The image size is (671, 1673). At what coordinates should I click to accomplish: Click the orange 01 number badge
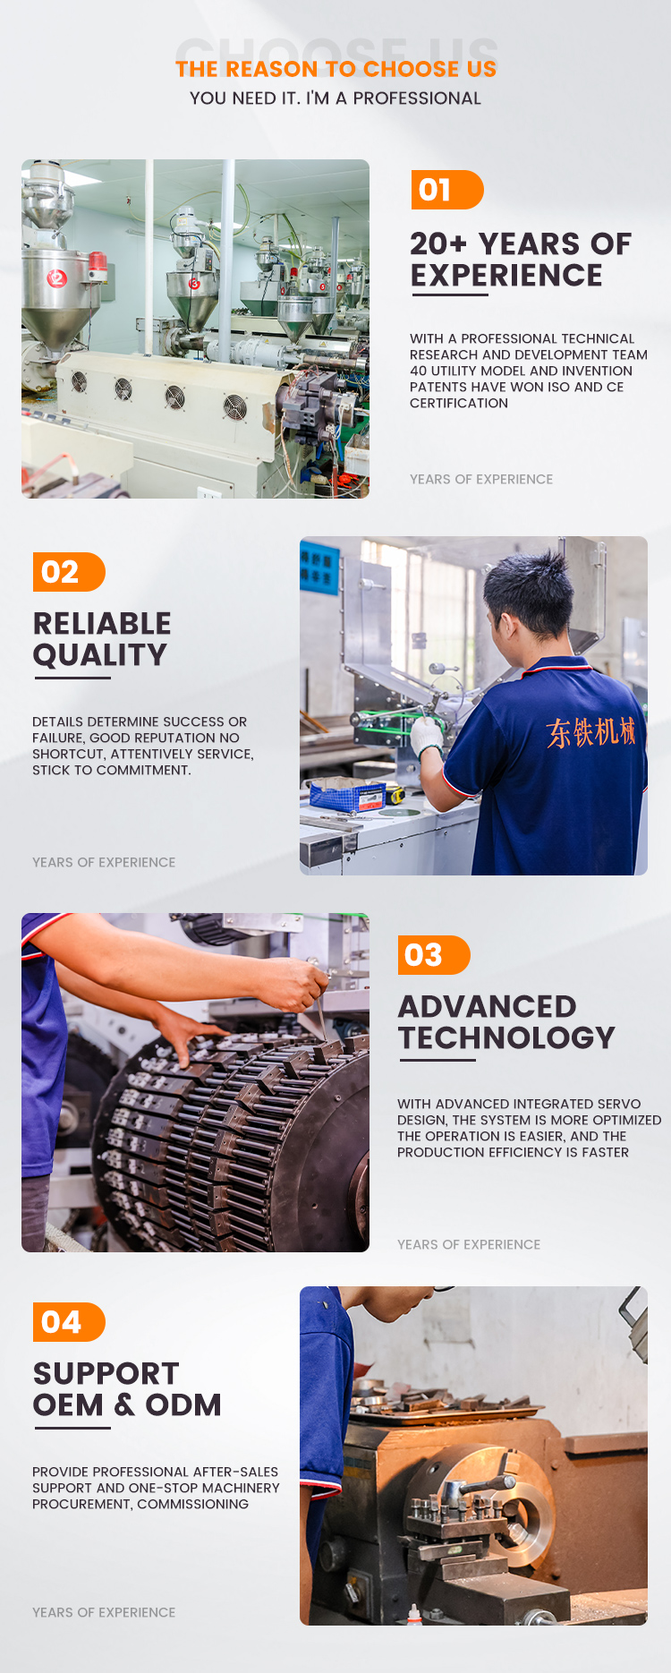point(447,190)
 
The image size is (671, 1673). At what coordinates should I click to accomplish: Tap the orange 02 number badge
point(69,572)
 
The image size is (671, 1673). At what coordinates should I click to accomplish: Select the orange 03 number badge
point(434,955)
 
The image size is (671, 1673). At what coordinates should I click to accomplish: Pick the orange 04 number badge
point(69,1322)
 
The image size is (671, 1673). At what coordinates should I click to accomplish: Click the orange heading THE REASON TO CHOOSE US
point(335,69)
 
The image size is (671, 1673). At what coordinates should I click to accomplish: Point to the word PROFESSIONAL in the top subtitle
point(417,98)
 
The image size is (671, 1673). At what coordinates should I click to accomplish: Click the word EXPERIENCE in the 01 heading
point(506,276)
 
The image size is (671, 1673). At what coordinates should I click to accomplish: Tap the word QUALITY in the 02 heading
point(100,655)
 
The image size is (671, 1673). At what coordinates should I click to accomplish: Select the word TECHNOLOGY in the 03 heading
point(506,1037)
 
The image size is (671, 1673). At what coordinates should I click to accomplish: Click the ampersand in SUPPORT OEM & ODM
point(125,1404)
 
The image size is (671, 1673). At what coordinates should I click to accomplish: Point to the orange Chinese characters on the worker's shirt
point(591,732)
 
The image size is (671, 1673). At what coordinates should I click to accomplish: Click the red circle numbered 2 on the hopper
point(57,278)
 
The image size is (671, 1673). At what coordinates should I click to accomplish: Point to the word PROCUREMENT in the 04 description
point(81,1504)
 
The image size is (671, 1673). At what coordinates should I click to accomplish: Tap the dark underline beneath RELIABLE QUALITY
point(72,678)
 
